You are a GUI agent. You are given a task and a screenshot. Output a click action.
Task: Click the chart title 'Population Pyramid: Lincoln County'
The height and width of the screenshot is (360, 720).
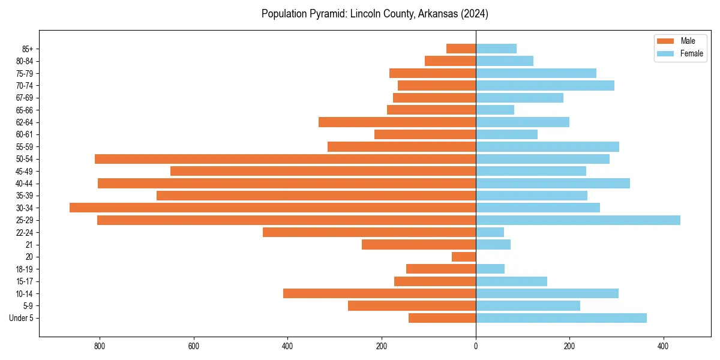click(x=375, y=14)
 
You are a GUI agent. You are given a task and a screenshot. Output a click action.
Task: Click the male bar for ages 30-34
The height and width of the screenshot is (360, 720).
click(x=272, y=208)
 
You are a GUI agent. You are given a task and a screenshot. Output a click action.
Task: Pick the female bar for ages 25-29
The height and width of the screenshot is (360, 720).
click(x=578, y=220)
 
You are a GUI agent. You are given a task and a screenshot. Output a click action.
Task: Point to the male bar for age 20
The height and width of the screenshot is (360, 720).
click(x=464, y=257)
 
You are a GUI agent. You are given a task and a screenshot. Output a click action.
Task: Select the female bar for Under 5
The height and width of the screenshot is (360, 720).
click(x=561, y=318)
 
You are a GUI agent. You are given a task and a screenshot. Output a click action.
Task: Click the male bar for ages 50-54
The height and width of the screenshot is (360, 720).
click(x=285, y=159)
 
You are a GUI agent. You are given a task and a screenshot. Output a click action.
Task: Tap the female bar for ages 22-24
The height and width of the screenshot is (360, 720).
click(x=490, y=232)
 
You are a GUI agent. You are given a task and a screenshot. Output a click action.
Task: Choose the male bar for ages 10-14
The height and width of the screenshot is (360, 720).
click(x=379, y=293)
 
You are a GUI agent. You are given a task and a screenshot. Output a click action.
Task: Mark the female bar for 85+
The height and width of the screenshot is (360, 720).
click(x=496, y=49)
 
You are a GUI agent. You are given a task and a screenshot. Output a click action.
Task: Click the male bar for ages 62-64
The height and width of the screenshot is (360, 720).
click(x=397, y=122)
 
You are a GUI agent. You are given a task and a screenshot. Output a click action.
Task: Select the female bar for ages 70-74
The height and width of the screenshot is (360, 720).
click(x=545, y=85)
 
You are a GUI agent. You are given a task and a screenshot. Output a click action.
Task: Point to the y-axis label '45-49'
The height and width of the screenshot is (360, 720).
click(x=25, y=171)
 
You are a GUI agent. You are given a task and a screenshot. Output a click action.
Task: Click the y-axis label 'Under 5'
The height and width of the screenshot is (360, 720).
click(x=22, y=318)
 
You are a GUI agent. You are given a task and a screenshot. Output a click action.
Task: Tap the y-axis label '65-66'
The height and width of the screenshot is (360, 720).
click(x=25, y=110)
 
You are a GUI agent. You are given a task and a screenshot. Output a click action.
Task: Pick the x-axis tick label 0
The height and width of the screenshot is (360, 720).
click(x=476, y=346)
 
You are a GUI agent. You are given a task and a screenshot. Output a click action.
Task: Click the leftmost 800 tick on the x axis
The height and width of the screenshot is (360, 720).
click(x=100, y=346)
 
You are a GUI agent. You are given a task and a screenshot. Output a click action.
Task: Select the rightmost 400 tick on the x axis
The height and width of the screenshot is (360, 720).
click(x=663, y=346)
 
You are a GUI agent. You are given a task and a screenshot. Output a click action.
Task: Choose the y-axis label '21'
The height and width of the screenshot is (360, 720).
click(x=29, y=245)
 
